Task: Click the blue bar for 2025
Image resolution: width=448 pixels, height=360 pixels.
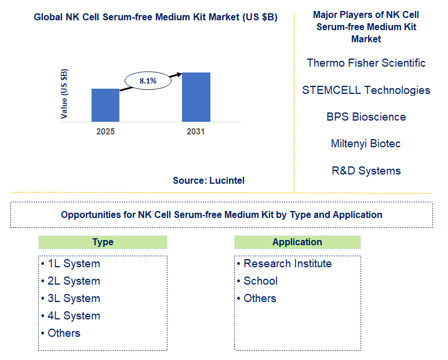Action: (105, 105)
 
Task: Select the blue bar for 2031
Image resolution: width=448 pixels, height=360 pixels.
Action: (196, 97)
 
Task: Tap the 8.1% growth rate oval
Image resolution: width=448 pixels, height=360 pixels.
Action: (148, 81)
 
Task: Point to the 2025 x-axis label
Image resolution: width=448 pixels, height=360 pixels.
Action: (105, 132)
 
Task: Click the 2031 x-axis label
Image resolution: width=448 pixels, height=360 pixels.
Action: (196, 132)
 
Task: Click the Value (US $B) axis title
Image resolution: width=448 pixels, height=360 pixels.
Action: (64, 94)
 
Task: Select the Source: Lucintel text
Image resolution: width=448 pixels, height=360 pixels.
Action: (209, 180)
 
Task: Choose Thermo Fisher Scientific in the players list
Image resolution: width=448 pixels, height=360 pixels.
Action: (366, 63)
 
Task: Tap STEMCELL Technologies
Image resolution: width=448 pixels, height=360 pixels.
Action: (366, 90)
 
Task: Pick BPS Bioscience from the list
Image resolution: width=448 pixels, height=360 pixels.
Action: (366, 117)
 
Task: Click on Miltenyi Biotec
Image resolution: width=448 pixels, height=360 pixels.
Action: (366, 143)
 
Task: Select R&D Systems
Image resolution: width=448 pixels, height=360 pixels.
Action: (366, 170)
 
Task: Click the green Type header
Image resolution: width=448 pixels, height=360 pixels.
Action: (103, 242)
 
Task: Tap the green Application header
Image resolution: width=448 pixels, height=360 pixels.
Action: (297, 242)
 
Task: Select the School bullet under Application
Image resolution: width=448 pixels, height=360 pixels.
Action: (260, 281)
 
